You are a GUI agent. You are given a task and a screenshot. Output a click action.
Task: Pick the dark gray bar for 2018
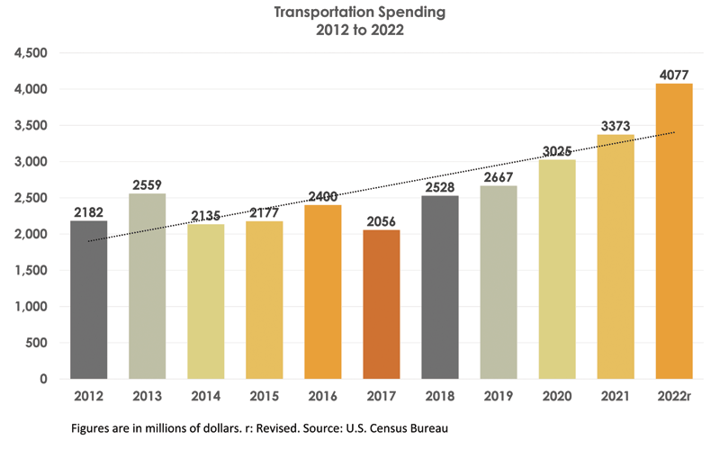(440, 287)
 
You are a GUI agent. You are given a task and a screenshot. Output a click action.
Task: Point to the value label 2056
(382, 221)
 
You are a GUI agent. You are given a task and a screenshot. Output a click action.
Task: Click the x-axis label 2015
(265, 396)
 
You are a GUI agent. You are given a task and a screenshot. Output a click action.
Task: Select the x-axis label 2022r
(674, 396)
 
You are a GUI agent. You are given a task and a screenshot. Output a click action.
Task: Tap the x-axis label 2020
(557, 396)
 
